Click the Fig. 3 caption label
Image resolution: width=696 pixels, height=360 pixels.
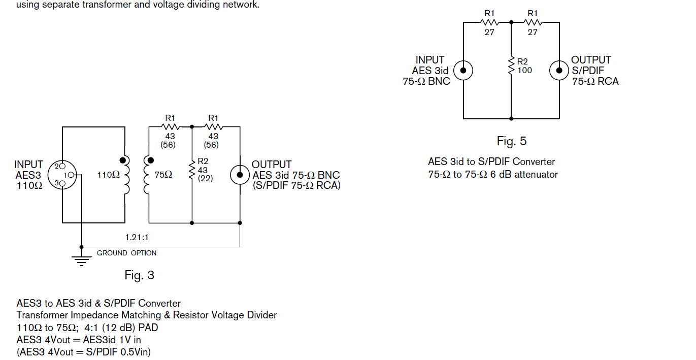[x=139, y=275]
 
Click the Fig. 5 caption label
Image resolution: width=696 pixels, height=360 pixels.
[x=511, y=141]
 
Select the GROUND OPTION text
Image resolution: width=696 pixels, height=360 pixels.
[x=126, y=253]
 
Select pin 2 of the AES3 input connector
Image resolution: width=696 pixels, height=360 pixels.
[x=62, y=166]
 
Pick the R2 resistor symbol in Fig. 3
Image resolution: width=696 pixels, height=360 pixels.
[x=192, y=170]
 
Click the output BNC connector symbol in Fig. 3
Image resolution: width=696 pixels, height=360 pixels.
[x=239, y=175]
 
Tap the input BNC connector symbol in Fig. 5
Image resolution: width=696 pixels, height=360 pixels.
[x=463, y=70]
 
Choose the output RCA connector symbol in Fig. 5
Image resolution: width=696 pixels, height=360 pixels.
[x=559, y=70]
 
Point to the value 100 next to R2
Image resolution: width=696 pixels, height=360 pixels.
[x=524, y=71]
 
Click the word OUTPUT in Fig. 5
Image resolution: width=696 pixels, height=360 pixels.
[x=591, y=60]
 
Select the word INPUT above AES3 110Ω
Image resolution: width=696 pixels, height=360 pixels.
[x=29, y=165]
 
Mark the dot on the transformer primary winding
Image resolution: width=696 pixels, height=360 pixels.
[x=122, y=161]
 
